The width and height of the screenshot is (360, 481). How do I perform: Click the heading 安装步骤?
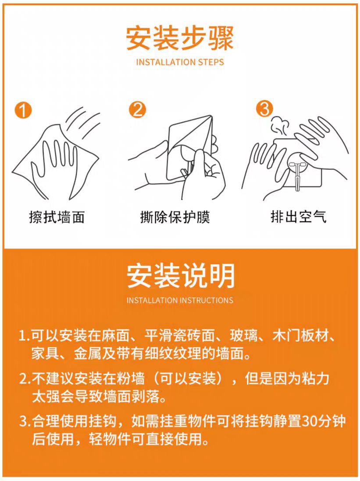180,39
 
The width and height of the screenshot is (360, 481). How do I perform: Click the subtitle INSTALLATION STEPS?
180,62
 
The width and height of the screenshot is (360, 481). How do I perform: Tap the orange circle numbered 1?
23,110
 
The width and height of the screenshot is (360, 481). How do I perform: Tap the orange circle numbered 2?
138,110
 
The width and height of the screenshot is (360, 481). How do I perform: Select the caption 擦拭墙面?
57,217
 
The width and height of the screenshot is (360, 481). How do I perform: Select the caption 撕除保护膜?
175,217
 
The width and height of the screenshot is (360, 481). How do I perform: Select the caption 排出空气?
298,217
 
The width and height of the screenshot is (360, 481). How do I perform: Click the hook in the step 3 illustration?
299,173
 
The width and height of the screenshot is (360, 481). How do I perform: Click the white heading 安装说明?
180,276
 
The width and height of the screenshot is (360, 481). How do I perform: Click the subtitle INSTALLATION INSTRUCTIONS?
180,301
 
